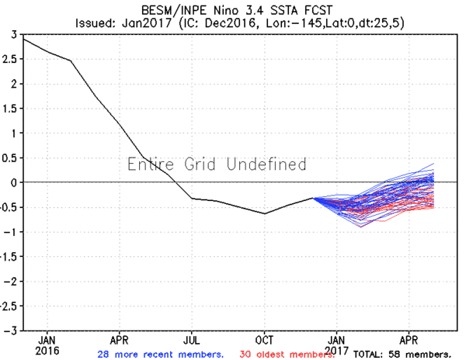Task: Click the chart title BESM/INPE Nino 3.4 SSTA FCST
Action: click(x=233, y=9)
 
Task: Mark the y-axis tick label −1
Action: click(x=12, y=232)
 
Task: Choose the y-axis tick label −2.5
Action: click(x=9, y=306)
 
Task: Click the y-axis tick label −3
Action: click(x=12, y=331)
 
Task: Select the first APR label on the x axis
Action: click(x=119, y=340)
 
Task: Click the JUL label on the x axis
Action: click(x=192, y=340)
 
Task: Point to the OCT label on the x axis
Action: click(x=264, y=340)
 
